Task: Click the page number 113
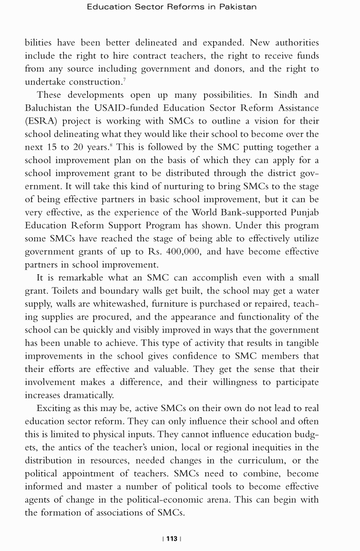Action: click(x=172, y=539)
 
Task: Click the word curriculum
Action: click(x=269, y=460)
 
